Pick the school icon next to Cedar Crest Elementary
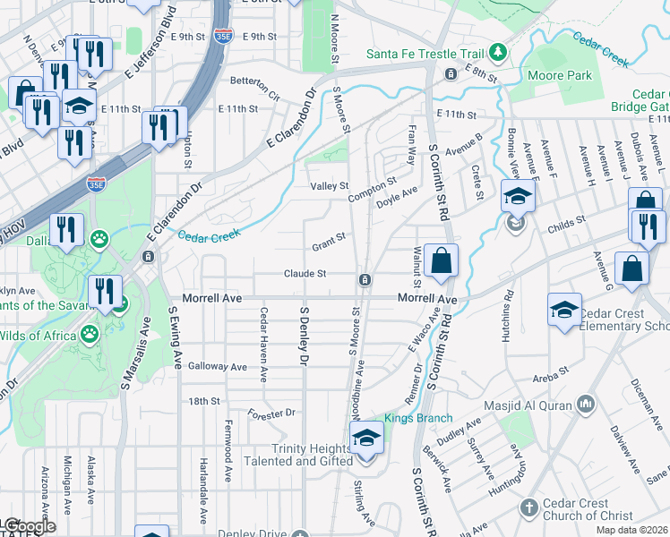coord(563,311)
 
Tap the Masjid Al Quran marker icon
coord(586,405)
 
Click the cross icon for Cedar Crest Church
coord(530,508)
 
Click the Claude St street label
coord(305,274)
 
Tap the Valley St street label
coord(329,186)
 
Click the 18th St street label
coord(203,401)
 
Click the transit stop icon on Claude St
coord(365,280)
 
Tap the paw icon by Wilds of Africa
coord(90,336)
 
